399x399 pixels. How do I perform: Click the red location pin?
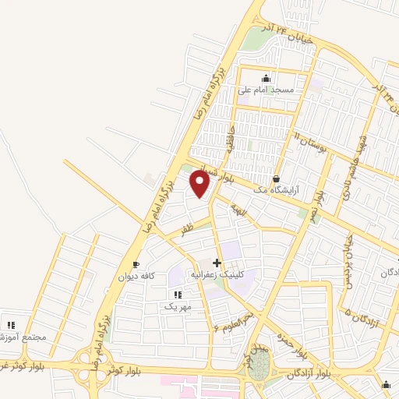tap(199, 184)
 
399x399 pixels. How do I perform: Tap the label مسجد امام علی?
tap(267, 90)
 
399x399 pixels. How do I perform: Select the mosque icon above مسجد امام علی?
tap(267, 78)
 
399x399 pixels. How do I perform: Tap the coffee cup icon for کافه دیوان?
tap(137, 264)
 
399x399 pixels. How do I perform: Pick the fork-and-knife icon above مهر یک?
tap(178, 295)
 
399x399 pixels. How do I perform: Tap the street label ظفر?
tap(187, 229)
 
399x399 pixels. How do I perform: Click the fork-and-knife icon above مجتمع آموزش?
tap(11, 325)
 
